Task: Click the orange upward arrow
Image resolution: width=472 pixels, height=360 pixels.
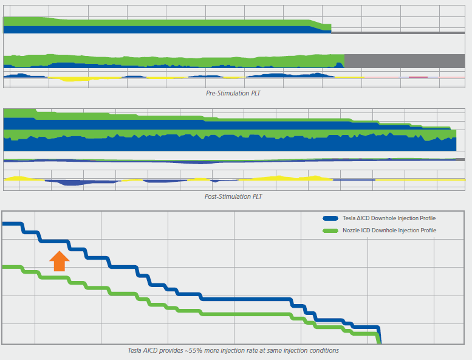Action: tap(59, 261)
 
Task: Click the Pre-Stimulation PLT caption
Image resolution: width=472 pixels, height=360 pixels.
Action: tap(234, 94)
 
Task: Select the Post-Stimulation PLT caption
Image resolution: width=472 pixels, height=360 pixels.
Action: tap(234, 196)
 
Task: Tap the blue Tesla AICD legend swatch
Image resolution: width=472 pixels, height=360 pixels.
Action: tap(330, 218)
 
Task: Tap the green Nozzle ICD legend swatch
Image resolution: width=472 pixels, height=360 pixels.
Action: tap(330, 230)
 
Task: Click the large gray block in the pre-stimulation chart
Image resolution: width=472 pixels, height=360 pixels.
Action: tap(404, 61)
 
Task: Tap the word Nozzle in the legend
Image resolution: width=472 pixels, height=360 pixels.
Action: tap(351, 230)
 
